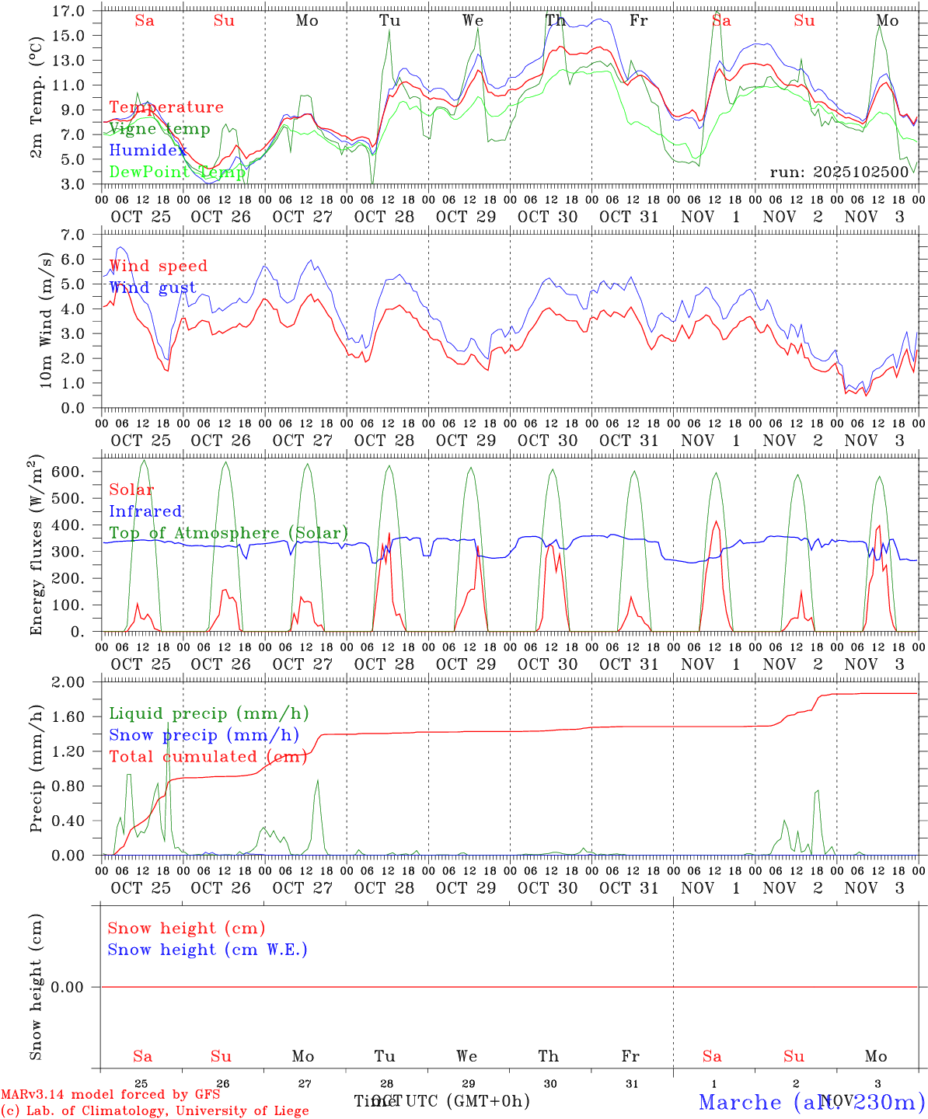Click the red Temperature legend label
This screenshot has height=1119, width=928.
point(166,107)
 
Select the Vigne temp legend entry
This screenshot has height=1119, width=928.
point(159,129)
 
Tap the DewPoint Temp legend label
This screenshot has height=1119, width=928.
point(176,172)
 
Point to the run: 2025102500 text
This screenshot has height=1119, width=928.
point(839,172)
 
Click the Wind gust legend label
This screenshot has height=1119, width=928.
point(152,288)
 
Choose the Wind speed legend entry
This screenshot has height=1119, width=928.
point(158,266)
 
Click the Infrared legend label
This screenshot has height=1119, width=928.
point(145,511)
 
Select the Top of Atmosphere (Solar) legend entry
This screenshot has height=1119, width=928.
point(228,533)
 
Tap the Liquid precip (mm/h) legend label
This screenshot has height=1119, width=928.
point(208,713)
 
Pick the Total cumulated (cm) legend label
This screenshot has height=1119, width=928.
point(208,756)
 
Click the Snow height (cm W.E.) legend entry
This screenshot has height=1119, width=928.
point(207,950)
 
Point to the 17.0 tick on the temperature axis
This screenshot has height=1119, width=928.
point(69,11)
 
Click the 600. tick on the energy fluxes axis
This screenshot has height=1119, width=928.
point(68,472)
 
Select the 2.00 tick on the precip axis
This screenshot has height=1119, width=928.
point(68,682)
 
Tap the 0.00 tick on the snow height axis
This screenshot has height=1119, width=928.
point(68,987)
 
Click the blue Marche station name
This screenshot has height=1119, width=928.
point(740,1102)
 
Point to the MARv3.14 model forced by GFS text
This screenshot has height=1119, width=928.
point(110,1095)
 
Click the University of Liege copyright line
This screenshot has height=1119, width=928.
point(154,1110)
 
